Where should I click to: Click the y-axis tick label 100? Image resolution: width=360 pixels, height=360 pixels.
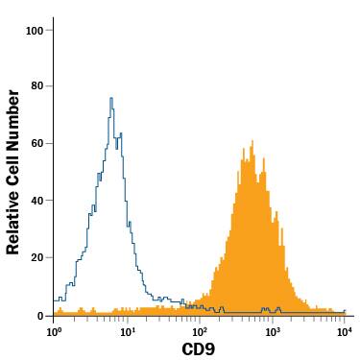coord(35,30)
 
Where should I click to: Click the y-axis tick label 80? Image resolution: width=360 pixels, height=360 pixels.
coord(36,86)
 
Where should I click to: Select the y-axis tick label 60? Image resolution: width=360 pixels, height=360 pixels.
coord(36,144)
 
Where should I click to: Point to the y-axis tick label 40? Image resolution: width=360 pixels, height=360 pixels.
coord(36,201)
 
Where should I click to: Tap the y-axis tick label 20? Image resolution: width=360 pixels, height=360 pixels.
coord(36,258)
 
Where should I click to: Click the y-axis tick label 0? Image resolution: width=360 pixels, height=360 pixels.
coord(39,315)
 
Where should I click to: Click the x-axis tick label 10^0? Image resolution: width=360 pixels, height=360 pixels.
coord(55,331)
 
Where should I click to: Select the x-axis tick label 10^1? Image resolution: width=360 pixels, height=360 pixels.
coord(128,331)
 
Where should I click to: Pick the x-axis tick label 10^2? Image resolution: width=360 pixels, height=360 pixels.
coord(200,331)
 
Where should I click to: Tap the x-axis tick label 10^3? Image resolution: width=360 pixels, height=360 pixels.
coord(273,331)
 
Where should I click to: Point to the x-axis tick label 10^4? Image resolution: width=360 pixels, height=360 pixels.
coord(345,331)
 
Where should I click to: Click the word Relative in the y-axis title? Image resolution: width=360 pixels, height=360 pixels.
coord(13,222)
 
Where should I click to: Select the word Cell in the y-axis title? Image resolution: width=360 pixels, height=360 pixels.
coord(13,167)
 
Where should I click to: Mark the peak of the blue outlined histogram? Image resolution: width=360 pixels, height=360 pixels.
coord(111,97)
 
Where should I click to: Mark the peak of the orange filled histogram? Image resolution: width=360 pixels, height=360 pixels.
coord(252,141)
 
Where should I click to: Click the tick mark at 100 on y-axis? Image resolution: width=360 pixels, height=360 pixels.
coord(50,30)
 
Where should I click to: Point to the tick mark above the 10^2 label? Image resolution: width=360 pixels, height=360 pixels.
coord(200,319)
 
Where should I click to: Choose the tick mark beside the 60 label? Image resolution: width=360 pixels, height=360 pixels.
coord(50,144)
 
